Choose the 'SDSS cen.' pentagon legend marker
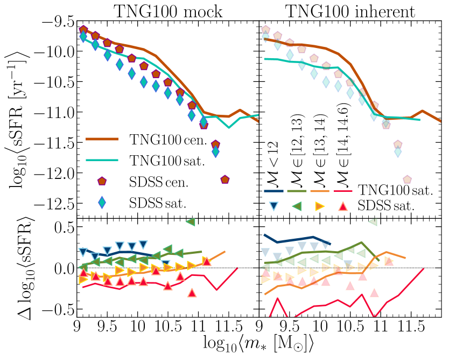coord(101,182)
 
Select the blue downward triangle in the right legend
coord(273,205)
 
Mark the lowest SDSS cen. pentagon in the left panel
coord(225,179)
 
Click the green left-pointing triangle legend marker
coord(296,205)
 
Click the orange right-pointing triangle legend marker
coord(319,205)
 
